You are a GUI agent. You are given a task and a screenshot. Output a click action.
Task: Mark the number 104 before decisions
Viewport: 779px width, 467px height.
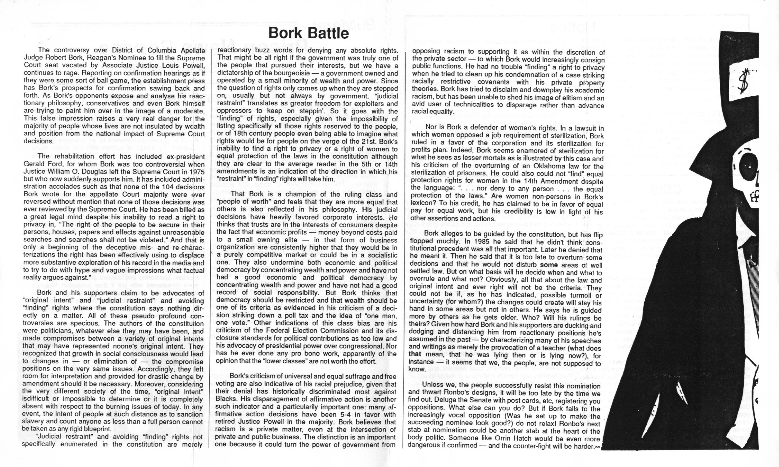pos(160,187)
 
